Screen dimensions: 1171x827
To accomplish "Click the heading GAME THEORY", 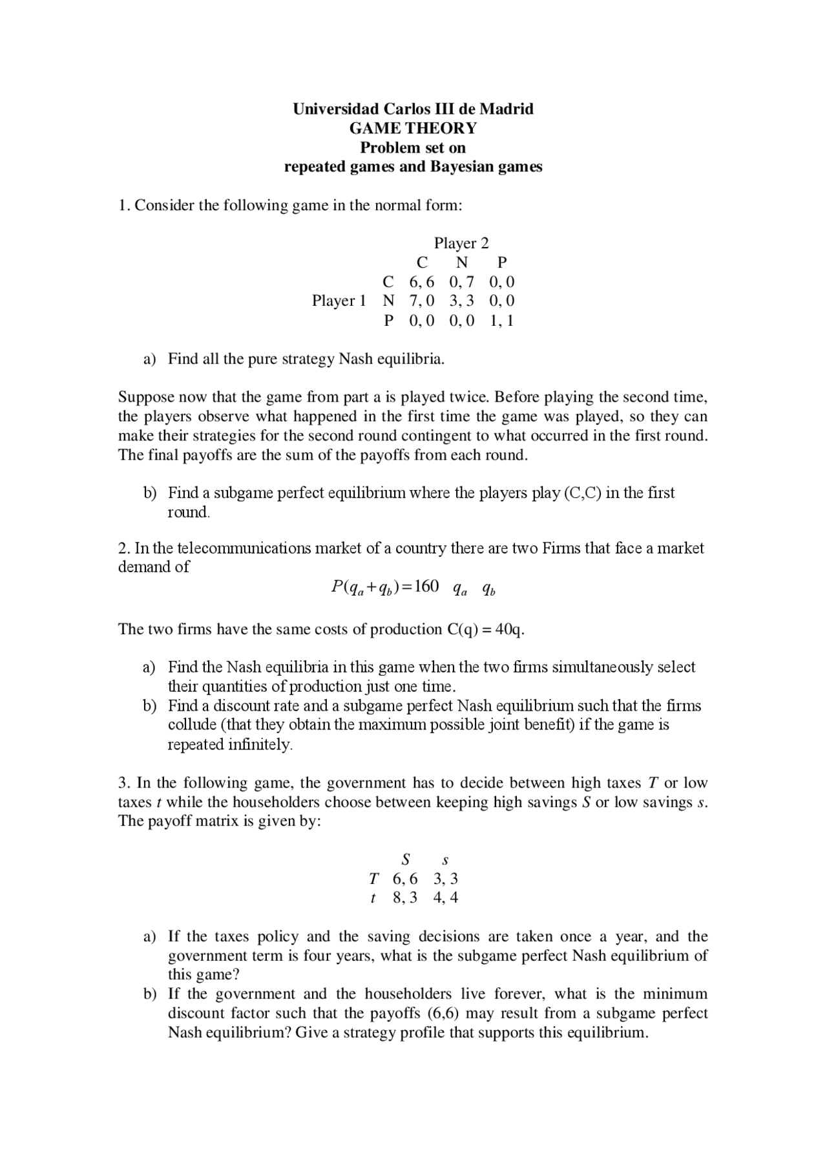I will point(413,128).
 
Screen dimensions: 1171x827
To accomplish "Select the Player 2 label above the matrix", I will point(461,243).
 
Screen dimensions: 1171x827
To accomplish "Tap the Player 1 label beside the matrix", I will point(339,301).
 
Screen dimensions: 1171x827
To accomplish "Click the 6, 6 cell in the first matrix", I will point(422,282).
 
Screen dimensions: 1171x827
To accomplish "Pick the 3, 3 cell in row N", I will point(461,301).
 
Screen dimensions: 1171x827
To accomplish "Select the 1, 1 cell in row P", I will point(501,320).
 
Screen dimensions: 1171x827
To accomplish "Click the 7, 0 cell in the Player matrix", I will point(422,301).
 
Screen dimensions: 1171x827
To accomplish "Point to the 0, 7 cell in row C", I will point(461,282).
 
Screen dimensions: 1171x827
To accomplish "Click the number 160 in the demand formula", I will point(426,586).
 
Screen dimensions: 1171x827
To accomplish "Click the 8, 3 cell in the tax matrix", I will point(405,897).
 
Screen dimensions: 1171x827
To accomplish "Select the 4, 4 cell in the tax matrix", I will point(446,897).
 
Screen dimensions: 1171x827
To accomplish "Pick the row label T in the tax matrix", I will point(373,879).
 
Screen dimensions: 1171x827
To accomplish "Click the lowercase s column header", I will point(445,861).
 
